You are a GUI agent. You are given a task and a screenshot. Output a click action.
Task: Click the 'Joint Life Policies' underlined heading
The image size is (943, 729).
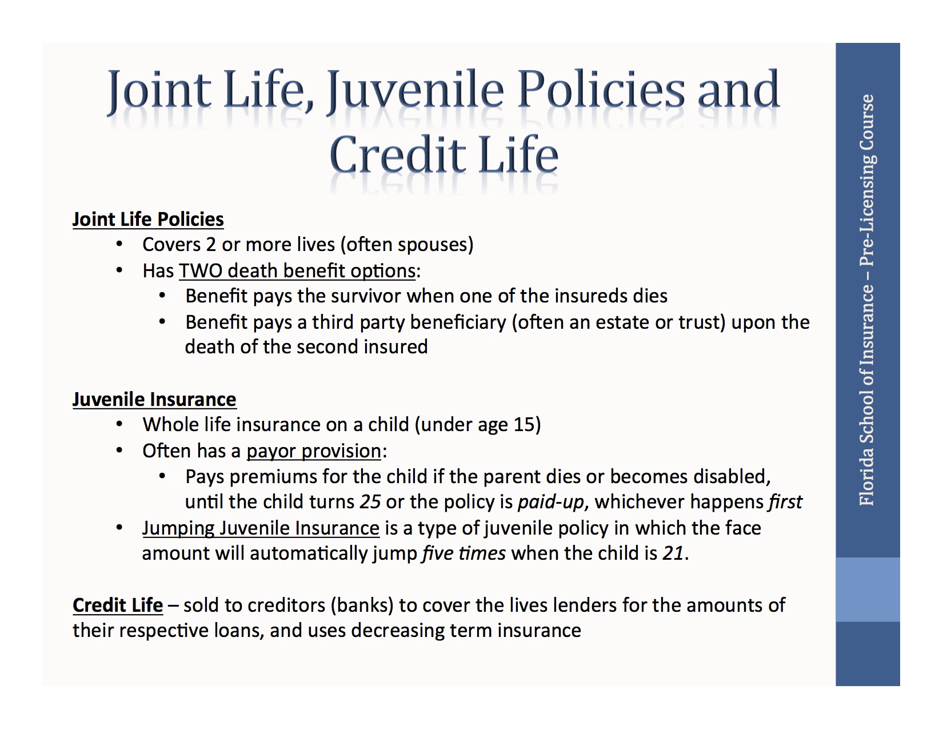click(148, 220)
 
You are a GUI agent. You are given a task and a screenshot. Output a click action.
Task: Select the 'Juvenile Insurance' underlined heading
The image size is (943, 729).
click(154, 400)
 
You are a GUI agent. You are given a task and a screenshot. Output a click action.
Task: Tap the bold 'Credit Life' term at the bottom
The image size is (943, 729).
click(118, 605)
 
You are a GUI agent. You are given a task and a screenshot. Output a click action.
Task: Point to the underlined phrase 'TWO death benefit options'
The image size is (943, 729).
click(297, 271)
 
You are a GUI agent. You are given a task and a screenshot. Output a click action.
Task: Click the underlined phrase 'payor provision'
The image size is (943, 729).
click(314, 451)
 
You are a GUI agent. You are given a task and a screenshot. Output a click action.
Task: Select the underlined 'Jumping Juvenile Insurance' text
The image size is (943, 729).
click(261, 528)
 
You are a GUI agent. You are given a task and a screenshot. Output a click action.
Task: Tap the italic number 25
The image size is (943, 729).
click(370, 502)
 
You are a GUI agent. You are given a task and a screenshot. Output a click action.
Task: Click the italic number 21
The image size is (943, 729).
click(673, 553)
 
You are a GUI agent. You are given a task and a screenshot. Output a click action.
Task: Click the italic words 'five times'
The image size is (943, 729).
click(463, 553)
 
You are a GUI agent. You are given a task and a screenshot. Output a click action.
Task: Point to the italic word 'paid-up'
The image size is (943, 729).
click(551, 502)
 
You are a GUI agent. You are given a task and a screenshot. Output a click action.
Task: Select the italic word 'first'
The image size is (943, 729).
click(785, 502)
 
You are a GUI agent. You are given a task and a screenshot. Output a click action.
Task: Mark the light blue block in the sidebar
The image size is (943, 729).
click(868, 589)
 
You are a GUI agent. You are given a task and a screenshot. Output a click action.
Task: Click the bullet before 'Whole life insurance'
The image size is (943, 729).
click(119, 425)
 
